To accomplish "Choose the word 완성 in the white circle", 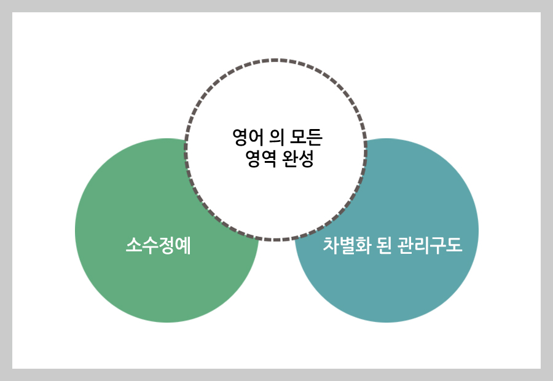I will pos(299,160).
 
